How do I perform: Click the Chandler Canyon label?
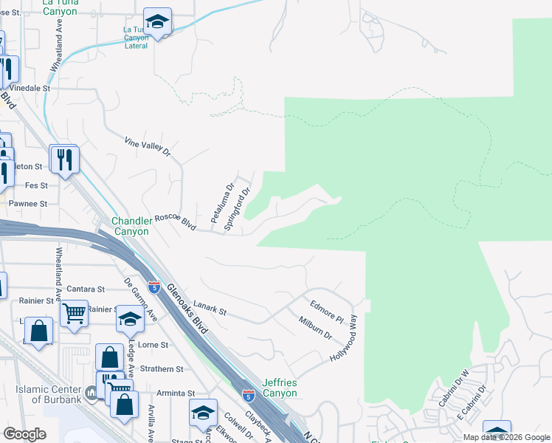pos(130,226)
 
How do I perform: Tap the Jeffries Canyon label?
pos(278,388)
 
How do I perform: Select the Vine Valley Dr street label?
pos(147,147)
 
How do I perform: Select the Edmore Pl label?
pos(327,311)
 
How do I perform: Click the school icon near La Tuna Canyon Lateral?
pos(157,21)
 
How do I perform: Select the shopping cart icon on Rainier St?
pos(74,314)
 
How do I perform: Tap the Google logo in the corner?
pos(24,434)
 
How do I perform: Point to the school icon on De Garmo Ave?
pos(129,319)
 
